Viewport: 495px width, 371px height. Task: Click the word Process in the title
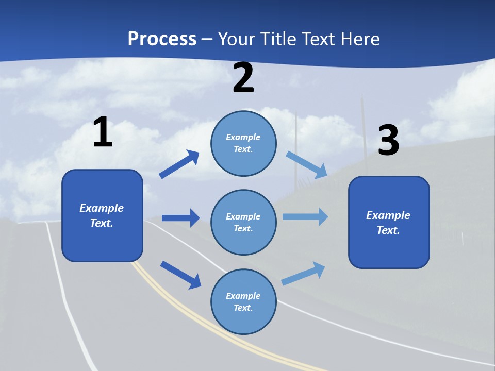tap(162, 39)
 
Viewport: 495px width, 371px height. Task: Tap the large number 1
tap(103, 132)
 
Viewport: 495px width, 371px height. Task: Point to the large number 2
tap(243, 78)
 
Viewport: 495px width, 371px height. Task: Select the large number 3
tap(388, 141)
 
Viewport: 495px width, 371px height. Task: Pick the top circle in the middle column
tap(243, 143)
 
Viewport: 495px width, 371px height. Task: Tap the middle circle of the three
tap(243, 222)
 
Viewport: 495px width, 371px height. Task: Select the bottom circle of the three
tap(243, 301)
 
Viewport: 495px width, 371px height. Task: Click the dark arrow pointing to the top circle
tap(179, 164)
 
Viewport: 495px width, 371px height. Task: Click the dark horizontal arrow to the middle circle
tap(180, 218)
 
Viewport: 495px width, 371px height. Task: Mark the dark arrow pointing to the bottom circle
tap(180, 275)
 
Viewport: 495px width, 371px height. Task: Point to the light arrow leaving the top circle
tap(307, 164)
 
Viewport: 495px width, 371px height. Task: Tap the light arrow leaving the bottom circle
tap(303, 274)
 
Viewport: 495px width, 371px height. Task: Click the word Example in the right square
tap(388, 215)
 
